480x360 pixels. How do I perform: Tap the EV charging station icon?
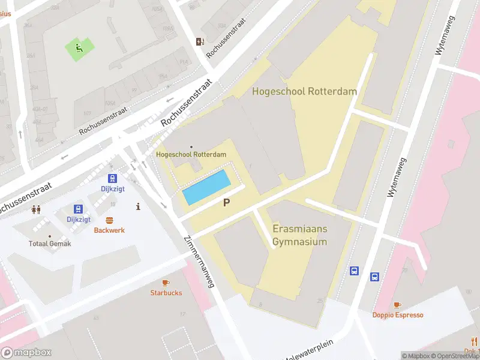(x=200, y=41)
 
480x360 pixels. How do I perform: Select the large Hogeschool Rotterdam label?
(x=304, y=92)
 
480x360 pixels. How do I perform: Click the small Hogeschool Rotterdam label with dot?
(x=191, y=154)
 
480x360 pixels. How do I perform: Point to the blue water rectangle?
(x=206, y=187)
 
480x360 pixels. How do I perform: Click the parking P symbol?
(x=226, y=203)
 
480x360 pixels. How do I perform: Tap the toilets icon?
(x=36, y=209)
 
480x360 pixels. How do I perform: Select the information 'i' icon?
(x=139, y=206)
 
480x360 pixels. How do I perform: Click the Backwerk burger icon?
(x=109, y=220)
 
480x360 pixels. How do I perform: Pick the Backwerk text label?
(x=109, y=230)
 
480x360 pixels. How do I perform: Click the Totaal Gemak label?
(x=50, y=244)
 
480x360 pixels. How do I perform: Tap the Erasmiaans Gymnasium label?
(x=300, y=236)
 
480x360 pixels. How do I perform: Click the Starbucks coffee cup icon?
(x=166, y=283)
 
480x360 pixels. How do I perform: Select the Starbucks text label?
(x=166, y=293)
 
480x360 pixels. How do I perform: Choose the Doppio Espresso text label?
(x=397, y=315)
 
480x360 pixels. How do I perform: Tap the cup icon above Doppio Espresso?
(x=397, y=305)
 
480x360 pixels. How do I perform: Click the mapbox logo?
(x=26, y=353)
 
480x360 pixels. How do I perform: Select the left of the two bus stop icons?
(x=355, y=271)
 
